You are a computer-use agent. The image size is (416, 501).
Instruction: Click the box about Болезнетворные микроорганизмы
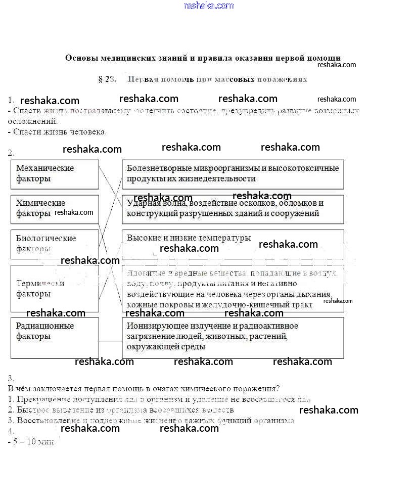coord(233,174)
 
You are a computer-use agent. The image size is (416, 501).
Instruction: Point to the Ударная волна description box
coord(233,209)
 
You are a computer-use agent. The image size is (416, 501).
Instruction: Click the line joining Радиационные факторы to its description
coord(110,342)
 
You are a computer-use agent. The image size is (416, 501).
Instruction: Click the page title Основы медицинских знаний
coord(203,58)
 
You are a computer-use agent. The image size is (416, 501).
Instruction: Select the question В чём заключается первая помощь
coord(144,389)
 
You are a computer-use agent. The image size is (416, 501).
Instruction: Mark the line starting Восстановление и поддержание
coord(152,421)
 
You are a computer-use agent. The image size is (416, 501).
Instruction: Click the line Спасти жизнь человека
coord(58,132)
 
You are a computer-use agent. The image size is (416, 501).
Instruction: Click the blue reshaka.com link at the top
coord(209,6)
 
